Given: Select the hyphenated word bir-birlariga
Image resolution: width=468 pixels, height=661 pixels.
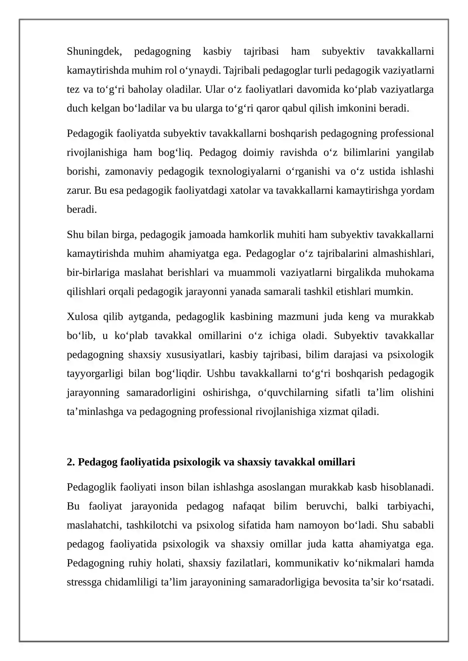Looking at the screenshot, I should pos(93,273).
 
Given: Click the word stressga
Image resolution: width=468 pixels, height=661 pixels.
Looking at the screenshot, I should pos(84,582).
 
